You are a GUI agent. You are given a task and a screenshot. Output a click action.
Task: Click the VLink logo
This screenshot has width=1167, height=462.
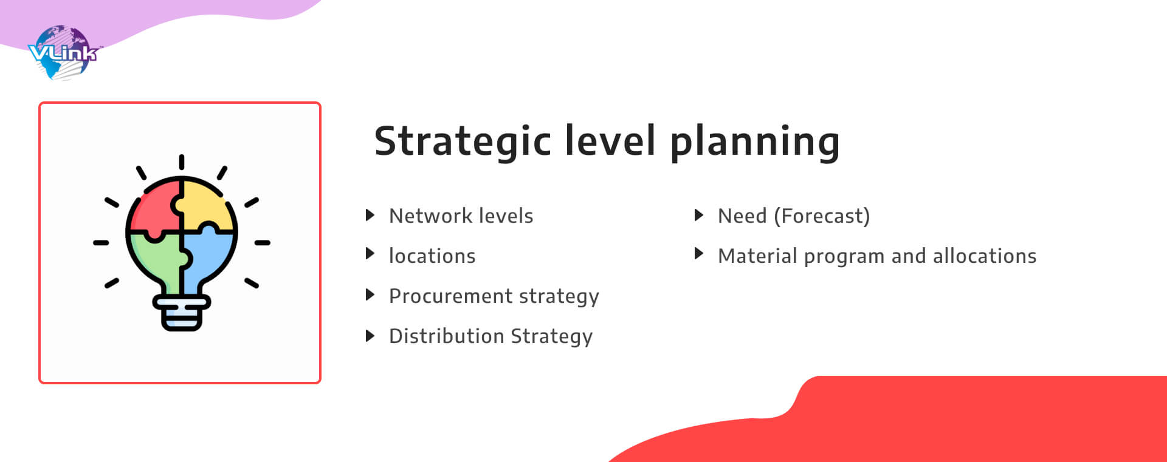[63, 53]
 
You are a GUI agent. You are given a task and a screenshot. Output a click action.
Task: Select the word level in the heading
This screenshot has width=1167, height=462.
[611, 140]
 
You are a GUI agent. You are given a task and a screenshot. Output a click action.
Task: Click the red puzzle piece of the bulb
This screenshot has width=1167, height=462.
[154, 209]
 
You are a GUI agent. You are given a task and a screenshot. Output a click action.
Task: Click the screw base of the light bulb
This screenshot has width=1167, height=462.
[181, 313]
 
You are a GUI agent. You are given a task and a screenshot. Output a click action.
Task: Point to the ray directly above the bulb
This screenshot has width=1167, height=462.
[181, 162]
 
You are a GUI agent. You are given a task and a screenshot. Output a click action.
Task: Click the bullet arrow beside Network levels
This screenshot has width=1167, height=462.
[370, 215]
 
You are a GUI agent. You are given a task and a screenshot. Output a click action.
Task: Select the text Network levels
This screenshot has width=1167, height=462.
[461, 216]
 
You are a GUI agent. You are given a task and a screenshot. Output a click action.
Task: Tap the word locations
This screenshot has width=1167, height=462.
[432, 256]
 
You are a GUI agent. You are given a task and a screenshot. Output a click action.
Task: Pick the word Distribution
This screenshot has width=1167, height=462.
[447, 336]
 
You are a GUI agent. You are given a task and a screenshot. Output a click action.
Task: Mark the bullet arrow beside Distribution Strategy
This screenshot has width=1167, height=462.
[370, 335]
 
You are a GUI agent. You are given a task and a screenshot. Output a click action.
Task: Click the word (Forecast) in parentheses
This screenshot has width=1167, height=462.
[822, 216]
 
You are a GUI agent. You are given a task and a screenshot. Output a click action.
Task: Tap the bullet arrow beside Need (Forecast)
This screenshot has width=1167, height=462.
[698, 215]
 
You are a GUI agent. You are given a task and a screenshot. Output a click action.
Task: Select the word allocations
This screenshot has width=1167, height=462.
[985, 256]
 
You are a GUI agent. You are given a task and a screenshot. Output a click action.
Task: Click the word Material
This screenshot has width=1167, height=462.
[757, 256]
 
